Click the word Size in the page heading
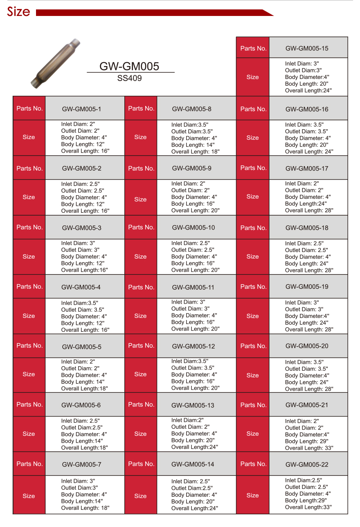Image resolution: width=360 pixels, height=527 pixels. [x=18, y=11]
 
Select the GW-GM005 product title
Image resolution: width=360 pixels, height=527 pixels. [x=129, y=66]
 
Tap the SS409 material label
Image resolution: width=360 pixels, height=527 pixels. [x=129, y=78]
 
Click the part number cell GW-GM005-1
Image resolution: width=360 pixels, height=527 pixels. [x=81, y=109]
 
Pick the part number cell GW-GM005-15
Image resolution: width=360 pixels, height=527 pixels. [x=307, y=48]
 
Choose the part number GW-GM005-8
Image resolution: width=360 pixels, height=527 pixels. [x=191, y=109]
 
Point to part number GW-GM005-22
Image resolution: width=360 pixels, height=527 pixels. [x=307, y=464]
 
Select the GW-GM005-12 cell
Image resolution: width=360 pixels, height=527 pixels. [x=193, y=346]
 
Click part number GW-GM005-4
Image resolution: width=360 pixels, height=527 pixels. [x=81, y=287]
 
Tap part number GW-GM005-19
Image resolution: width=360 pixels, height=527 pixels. [x=307, y=287]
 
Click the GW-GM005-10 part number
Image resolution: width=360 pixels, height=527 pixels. [x=193, y=227]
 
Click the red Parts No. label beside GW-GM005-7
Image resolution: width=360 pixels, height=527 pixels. [x=29, y=464]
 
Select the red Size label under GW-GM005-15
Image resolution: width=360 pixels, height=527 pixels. [x=252, y=77]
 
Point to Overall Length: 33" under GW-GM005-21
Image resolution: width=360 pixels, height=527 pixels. [x=309, y=448]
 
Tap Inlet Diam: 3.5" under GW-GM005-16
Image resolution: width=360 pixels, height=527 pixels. [x=304, y=125]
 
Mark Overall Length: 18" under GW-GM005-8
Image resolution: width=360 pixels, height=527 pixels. [x=195, y=151]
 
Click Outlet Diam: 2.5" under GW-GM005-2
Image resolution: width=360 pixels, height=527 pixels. [x=83, y=191]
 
